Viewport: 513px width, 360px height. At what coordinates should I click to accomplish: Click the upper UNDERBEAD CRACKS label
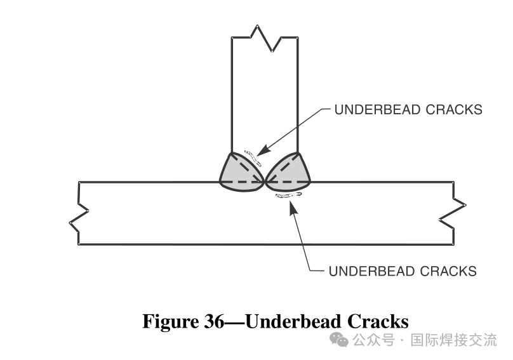(x=408, y=110)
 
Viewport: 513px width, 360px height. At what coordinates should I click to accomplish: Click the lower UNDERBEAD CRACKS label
(x=403, y=271)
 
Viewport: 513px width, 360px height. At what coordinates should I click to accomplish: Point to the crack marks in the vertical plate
(x=253, y=156)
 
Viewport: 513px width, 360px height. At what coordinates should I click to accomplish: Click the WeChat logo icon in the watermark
(x=342, y=340)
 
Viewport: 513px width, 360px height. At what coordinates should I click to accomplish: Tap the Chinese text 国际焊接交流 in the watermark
(x=454, y=340)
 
